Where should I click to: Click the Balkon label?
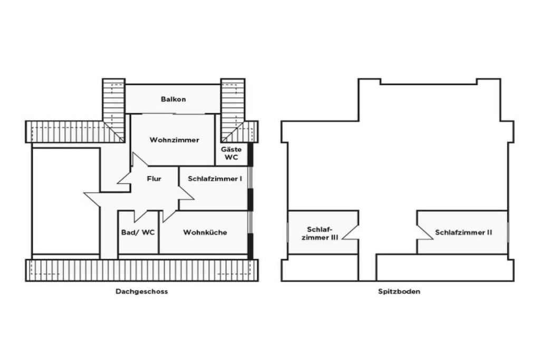(x=173, y=99)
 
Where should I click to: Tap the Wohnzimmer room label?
(x=174, y=140)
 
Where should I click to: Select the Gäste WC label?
(x=231, y=153)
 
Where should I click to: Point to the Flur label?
(x=154, y=179)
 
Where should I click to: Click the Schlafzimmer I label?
(x=215, y=179)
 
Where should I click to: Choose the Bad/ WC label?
(x=138, y=232)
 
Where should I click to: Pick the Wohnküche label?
(x=205, y=232)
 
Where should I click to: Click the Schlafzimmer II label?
(x=464, y=232)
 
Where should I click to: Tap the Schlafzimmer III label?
(x=320, y=233)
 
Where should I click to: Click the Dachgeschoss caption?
(x=141, y=291)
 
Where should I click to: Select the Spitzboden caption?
(x=399, y=291)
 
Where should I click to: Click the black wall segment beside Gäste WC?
(x=250, y=154)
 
